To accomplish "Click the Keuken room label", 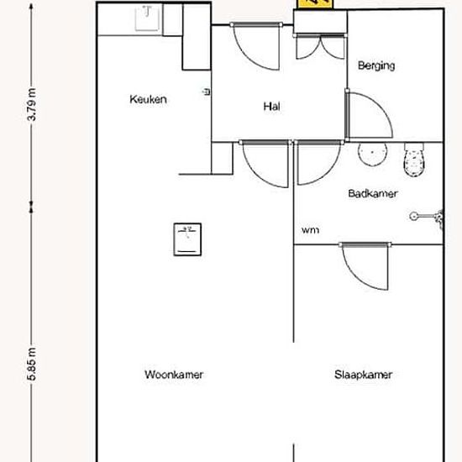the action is tap(148, 99).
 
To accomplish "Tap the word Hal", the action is tap(271, 107).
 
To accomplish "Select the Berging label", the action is tap(376, 66).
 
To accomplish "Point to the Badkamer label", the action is tap(373, 193).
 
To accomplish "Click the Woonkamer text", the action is tap(174, 375).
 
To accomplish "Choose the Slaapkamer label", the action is tap(363, 375).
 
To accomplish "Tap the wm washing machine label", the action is tap(310, 230).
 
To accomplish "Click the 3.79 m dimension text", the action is tap(32, 104).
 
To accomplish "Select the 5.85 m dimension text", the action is tap(32, 364).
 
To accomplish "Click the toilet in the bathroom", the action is tap(414, 160).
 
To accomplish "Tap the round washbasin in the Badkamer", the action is tap(372, 154).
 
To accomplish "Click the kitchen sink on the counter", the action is tap(147, 18).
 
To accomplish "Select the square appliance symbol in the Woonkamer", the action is tap(187, 239).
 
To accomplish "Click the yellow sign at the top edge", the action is tap(315, 3).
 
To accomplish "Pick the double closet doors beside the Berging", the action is tap(320, 46).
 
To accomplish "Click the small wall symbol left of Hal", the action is tap(207, 92).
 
